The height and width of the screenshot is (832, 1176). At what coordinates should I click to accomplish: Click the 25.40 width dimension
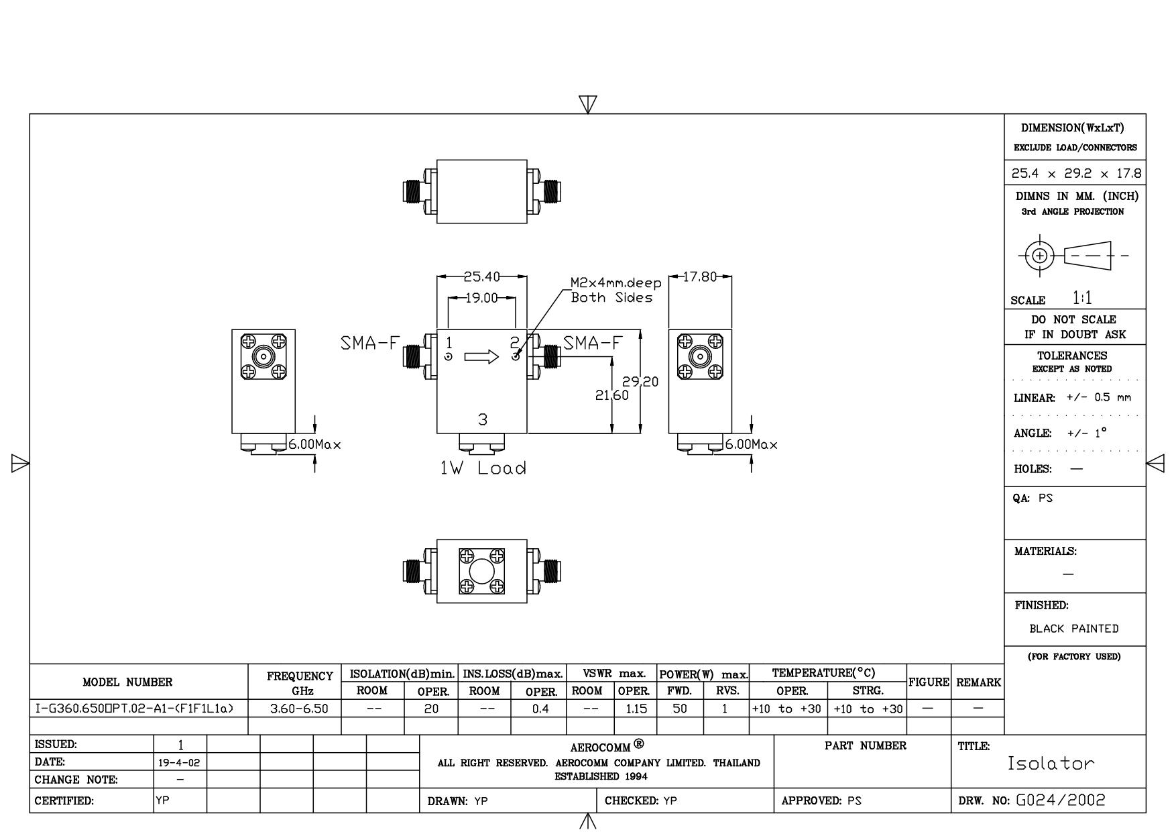click(481, 276)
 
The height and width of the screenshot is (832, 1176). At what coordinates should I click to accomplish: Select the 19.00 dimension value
click(481, 298)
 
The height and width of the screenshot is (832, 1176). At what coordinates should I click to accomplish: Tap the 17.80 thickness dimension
click(700, 276)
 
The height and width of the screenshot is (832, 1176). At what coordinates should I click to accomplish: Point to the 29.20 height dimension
click(640, 382)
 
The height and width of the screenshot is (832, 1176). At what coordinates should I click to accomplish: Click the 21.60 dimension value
click(612, 395)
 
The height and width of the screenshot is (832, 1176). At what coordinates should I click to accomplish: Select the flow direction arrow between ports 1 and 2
click(481, 356)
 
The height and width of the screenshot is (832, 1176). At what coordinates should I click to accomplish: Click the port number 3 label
click(483, 420)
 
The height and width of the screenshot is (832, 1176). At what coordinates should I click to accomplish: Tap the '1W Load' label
click(483, 468)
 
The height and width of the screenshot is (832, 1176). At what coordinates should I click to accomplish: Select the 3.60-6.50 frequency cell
click(295, 709)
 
